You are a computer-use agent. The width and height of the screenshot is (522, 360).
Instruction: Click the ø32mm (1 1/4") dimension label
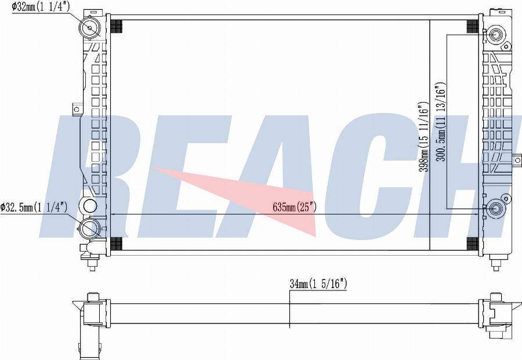(41, 7)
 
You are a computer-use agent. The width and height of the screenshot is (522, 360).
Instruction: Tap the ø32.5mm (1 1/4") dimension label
(34, 208)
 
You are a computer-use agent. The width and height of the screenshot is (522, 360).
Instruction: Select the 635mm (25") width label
(294, 208)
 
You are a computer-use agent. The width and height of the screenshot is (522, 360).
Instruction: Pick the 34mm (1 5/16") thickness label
(318, 284)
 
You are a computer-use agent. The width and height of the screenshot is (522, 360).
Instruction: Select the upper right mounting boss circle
(496, 34)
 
